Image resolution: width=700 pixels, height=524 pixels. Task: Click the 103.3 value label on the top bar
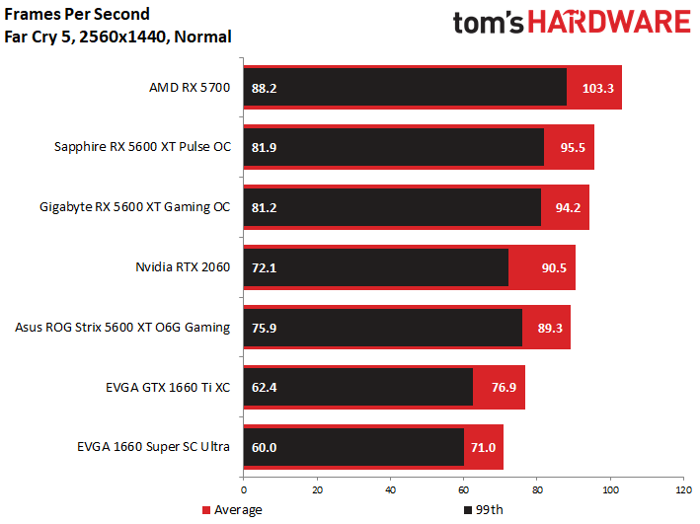pos(598,88)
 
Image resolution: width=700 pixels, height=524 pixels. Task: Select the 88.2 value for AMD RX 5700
pos(265,88)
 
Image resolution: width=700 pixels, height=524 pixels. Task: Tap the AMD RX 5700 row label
pos(190,88)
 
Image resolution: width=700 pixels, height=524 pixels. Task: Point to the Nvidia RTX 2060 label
pos(183,267)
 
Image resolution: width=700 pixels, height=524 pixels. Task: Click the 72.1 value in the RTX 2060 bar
pos(265,267)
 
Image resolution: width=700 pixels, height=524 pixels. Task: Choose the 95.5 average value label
pos(574,148)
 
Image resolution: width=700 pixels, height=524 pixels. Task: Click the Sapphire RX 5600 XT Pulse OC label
pos(142,148)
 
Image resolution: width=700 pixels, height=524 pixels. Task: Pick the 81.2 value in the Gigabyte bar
pos(265,208)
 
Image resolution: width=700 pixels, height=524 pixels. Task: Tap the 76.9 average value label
pos(504,388)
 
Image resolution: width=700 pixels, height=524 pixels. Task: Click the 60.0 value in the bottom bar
pos(265,447)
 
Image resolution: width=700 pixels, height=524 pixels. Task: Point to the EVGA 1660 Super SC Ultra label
pos(153,447)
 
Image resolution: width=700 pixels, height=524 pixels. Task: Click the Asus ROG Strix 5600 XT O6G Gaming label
pos(123,328)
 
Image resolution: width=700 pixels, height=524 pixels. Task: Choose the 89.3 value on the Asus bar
pos(549,328)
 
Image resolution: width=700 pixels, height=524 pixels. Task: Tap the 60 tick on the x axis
pos(463,488)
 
